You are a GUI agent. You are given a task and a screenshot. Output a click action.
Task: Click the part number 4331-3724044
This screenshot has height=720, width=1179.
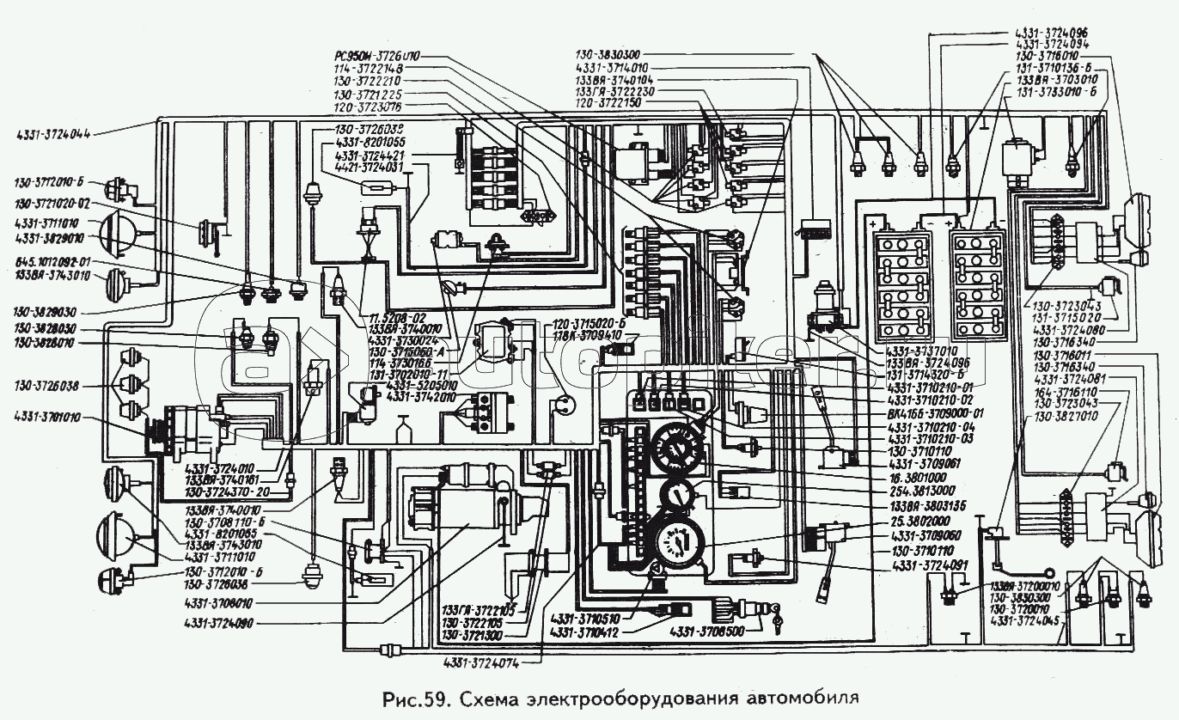point(53,133)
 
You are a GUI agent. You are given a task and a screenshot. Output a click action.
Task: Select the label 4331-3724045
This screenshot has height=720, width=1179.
point(1027,620)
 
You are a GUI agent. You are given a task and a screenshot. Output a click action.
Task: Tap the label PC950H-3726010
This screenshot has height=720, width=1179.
point(378,57)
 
